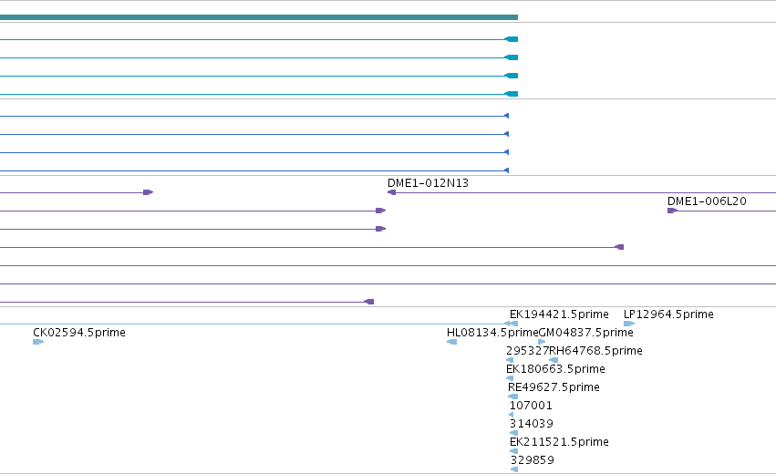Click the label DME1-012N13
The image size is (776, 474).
pos(428,183)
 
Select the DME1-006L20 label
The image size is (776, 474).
pos(707,201)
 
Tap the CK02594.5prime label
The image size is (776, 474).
pos(79,333)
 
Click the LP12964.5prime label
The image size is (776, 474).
pos(668,314)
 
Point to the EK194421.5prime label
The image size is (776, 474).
pos(559,314)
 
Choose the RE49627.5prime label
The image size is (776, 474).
pos(554,386)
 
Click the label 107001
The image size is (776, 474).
pos(531,406)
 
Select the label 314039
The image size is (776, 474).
pos(531,424)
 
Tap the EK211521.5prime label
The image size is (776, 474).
pos(559,442)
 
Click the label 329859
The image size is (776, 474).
pos(532,460)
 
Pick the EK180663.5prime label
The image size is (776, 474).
pos(555,369)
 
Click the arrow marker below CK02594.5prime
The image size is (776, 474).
pos(38,342)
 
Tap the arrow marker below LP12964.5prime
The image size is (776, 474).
pos(629,324)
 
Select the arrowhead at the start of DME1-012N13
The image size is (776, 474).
pos(391,192)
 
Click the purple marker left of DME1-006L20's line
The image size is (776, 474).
pos(672,211)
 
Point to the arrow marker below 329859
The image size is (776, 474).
pos(514,469)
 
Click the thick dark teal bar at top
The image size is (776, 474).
pos(259,17)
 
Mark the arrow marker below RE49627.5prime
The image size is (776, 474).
pos(512,397)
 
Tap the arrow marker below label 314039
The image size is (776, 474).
pos(513,433)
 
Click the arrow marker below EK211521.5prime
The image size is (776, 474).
pos(513,451)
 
